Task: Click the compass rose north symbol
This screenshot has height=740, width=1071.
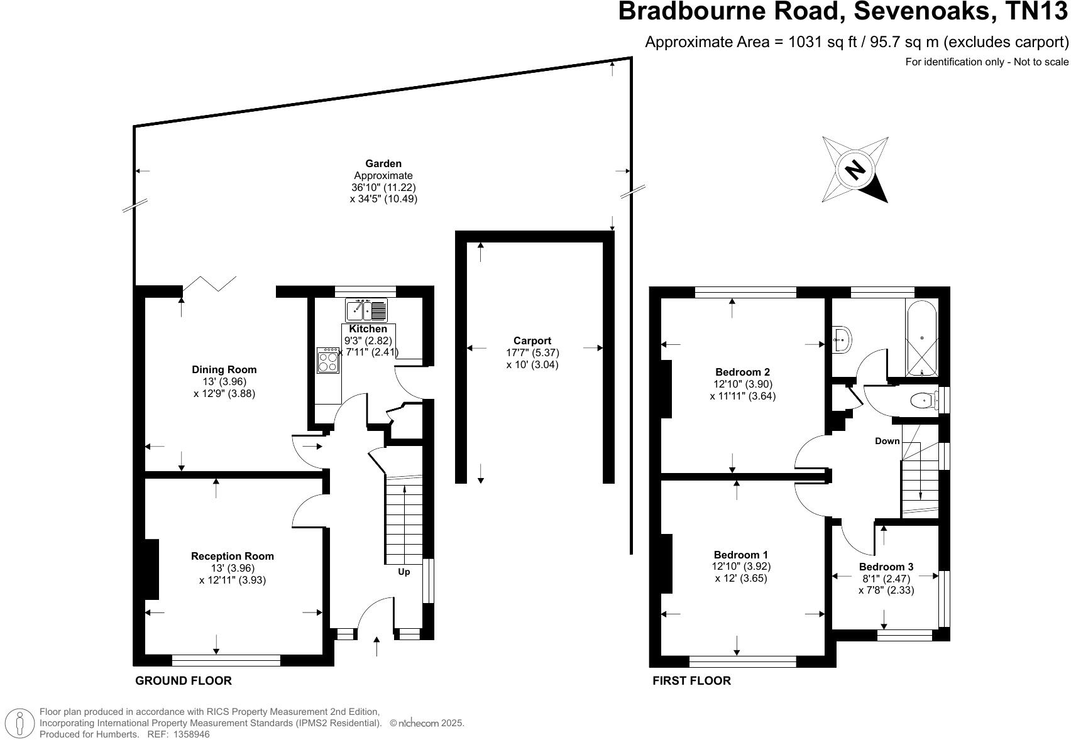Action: coord(855,170)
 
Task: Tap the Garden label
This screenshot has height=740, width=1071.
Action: coord(383,164)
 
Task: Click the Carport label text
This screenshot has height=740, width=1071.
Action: coord(532,341)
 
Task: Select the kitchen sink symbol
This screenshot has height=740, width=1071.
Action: coord(366,310)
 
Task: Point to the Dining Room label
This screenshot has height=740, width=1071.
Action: coord(224,370)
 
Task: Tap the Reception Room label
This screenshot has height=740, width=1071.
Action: coord(233,556)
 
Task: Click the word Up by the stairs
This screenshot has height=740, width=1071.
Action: coord(404,572)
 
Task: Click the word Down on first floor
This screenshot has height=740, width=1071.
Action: coord(887,441)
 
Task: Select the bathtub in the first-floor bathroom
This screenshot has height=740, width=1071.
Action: coord(921,337)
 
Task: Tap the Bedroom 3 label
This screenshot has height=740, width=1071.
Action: coord(886,567)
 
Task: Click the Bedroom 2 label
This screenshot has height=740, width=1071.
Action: coord(742,372)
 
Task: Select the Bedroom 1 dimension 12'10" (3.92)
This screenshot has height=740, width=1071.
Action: coord(742,566)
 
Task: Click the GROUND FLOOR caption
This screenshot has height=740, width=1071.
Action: coord(184,680)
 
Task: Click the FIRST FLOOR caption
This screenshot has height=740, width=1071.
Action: coord(691,680)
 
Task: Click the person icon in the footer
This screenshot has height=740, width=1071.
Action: coord(23,724)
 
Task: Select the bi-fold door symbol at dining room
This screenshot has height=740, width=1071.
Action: coord(209,283)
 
